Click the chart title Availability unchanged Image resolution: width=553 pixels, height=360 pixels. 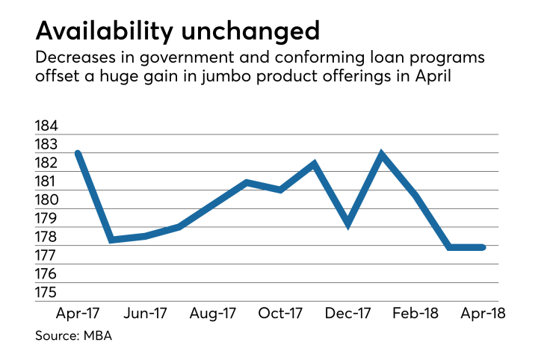pos(177,31)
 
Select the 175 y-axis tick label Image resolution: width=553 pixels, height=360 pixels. pos(47,292)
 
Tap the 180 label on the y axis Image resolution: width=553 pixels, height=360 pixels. pos(47,200)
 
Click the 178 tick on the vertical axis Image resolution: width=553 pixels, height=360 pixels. pos(47,237)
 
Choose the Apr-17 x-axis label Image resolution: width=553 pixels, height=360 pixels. pos(77,313)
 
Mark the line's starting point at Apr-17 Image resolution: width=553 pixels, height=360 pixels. pos(77,153)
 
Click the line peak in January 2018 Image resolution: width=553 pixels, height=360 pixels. pos(382,155)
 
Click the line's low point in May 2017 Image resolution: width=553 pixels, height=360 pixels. pos(111,239)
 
